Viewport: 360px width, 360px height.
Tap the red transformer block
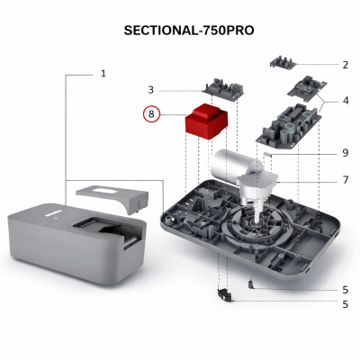click(x=204, y=124)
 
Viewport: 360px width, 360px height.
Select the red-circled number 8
click(x=153, y=114)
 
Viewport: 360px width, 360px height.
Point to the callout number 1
click(x=103, y=73)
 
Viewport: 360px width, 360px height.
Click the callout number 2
click(x=345, y=65)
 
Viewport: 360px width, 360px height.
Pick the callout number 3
click(x=151, y=89)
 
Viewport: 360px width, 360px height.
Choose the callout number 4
click(x=345, y=100)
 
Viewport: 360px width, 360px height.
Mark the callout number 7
click(x=345, y=180)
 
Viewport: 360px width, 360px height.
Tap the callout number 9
click(x=345, y=152)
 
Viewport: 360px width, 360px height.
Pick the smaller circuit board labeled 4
click(x=306, y=88)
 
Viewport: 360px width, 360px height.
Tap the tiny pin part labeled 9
click(x=269, y=156)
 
